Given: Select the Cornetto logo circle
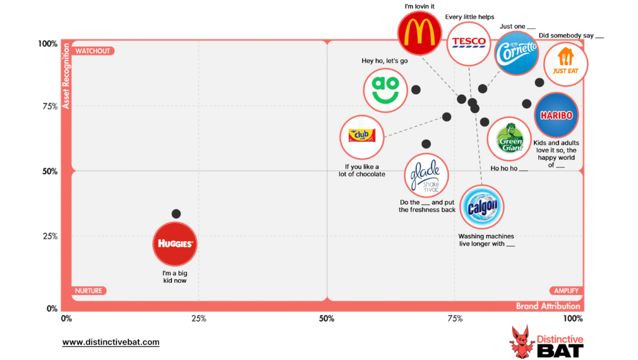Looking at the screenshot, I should tap(517, 53).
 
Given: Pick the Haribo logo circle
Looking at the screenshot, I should tap(556, 115).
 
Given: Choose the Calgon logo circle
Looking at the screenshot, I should tap(482, 206).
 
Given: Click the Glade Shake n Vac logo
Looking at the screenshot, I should tap(426, 175).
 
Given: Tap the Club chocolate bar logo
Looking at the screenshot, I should tap(362, 135).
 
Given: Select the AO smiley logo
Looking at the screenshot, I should tap(385, 88).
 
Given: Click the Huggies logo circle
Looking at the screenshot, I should tap(175, 244).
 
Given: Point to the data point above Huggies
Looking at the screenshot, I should tap(176, 213).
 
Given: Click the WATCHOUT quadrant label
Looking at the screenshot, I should tap(93, 51).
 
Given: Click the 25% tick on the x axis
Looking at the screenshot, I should tap(198, 318).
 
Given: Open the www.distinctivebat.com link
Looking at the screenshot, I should tap(111, 342).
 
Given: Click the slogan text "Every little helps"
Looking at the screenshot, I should tap(469, 17).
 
